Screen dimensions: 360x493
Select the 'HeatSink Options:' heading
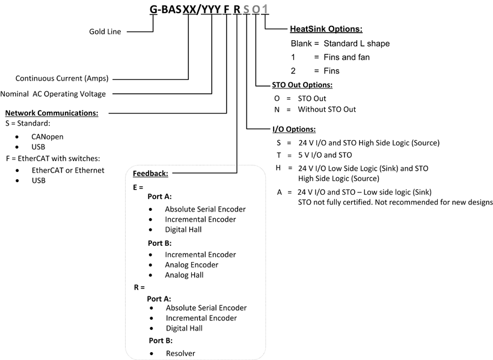click(x=326, y=29)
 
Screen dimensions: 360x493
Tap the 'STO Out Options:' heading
click(x=302, y=85)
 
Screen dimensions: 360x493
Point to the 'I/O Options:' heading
click(x=294, y=129)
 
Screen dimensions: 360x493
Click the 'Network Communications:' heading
click(x=52, y=112)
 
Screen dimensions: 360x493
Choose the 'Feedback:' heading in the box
click(x=150, y=174)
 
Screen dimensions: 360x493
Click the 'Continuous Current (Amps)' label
click(x=63, y=78)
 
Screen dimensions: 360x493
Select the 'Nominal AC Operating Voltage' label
click(x=53, y=94)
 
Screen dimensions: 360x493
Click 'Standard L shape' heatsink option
click(x=357, y=43)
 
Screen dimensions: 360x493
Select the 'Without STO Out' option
click(x=327, y=109)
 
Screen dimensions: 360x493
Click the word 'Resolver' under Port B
click(x=181, y=353)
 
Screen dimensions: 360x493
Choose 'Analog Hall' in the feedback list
click(x=184, y=275)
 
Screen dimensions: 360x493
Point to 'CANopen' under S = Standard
click(x=47, y=136)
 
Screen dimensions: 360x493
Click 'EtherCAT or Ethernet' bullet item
click(x=68, y=170)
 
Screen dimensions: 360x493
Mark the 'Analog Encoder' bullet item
click(x=191, y=264)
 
